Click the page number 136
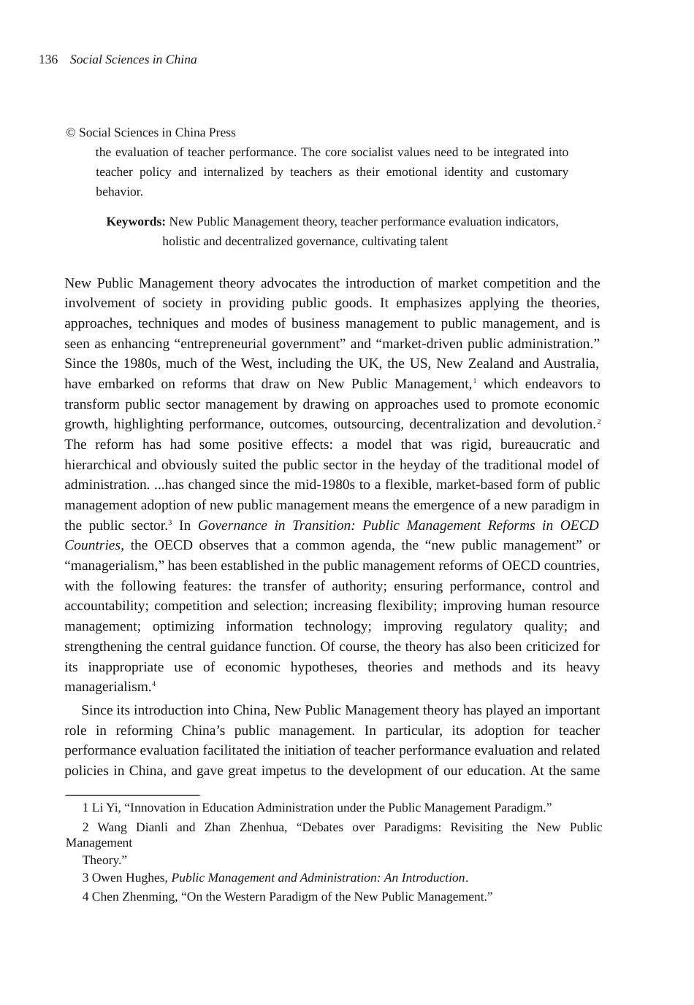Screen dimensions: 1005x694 pos(48,60)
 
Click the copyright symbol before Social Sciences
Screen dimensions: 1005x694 pos(71,133)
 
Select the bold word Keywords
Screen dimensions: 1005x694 pos(135,222)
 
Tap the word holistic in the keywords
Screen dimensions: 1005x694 pos(181,242)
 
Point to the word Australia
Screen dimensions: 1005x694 pos(571,363)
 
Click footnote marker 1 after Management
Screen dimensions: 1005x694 pos(475,381)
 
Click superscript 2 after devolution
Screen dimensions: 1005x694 pos(598,421)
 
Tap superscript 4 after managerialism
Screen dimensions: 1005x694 pos(153,684)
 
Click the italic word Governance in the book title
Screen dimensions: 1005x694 pos(232,525)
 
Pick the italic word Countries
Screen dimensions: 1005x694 pos(92,545)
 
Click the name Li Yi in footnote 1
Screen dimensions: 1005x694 pos(105,808)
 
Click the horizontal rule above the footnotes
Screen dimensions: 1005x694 pos(132,794)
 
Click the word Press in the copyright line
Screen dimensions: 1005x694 pos(222,133)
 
